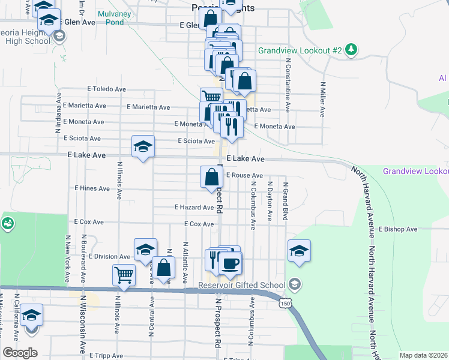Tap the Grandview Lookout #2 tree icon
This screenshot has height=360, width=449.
click(352, 50)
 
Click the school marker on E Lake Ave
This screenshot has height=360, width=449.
click(143, 146)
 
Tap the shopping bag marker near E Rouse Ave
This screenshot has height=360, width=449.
click(211, 178)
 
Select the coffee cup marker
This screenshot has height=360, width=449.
click(231, 263)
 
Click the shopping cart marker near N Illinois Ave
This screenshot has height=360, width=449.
click(124, 275)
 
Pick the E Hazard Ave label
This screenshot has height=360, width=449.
click(194, 208)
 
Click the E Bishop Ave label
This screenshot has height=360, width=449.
click(398, 229)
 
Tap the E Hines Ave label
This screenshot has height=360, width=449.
click(92, 188)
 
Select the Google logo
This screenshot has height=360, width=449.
click(20, 353)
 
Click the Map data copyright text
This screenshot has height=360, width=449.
click(424, 355)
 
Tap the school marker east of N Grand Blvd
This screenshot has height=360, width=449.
click(299, 251)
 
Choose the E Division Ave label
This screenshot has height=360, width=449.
click(109, 256)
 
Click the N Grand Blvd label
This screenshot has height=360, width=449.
click(286, 201)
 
